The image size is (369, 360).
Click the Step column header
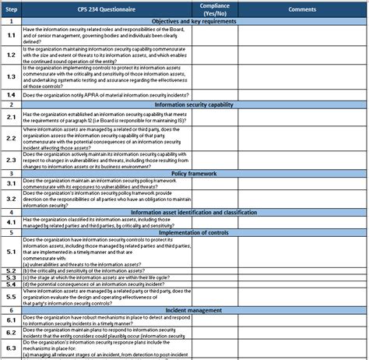11,9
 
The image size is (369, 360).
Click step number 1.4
11,94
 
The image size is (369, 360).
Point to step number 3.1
11,183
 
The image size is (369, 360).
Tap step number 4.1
11,221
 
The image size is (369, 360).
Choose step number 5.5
11,296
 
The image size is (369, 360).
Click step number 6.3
11,347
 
